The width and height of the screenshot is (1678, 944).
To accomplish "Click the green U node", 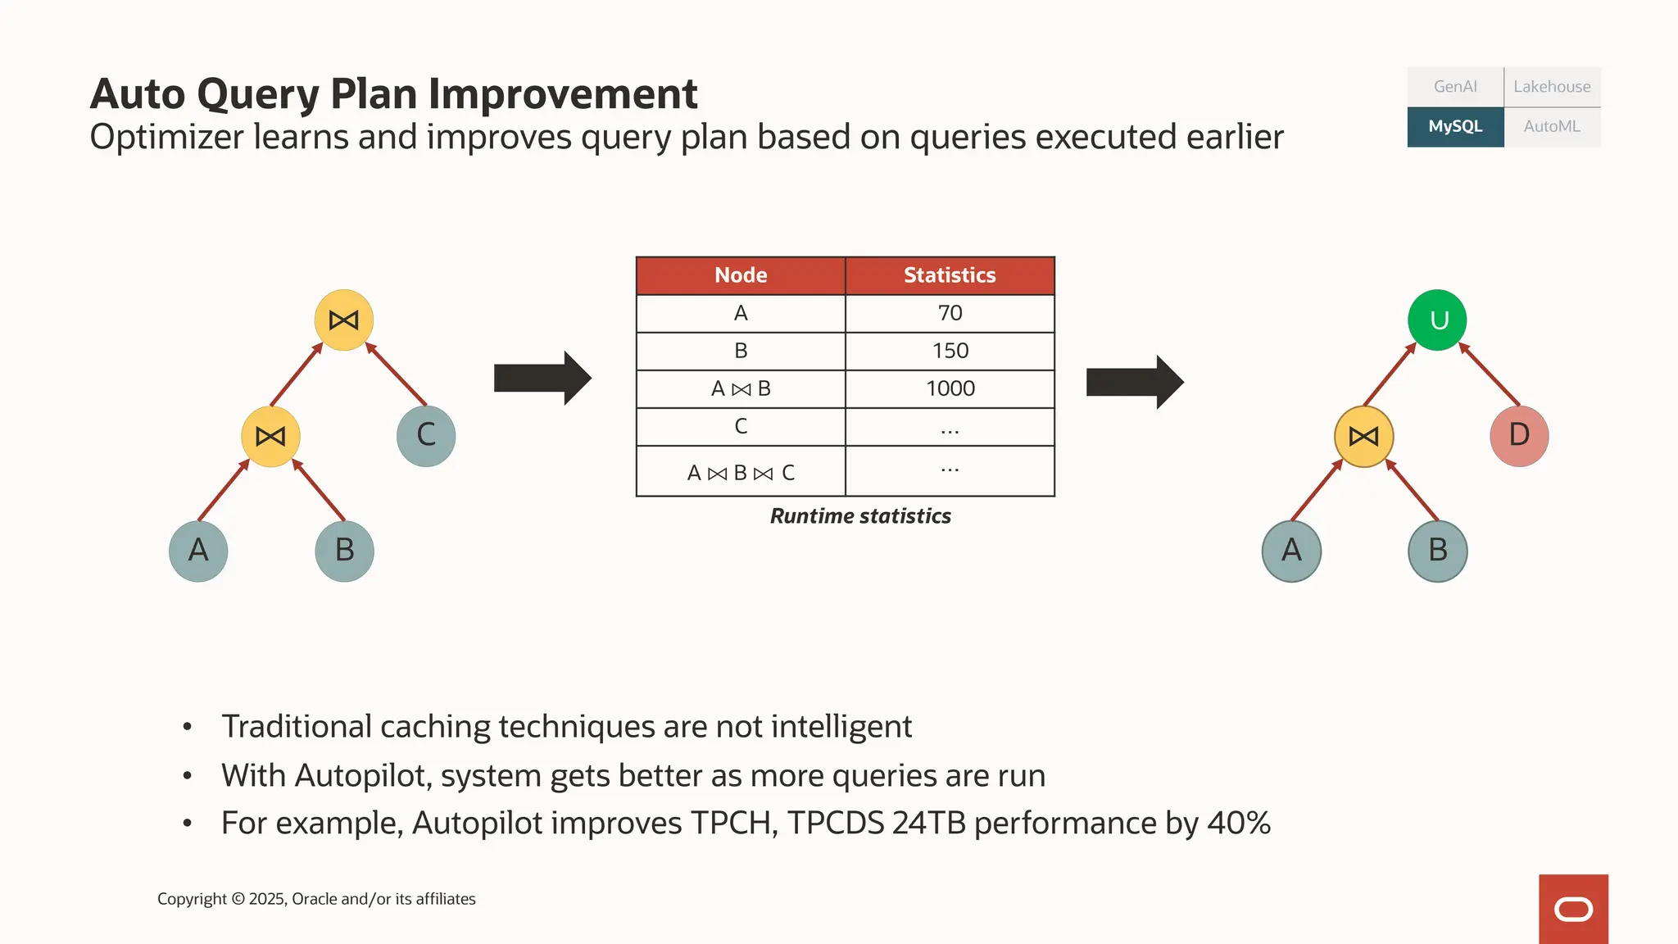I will (1438, 320).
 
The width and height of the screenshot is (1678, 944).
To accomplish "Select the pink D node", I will (1519, 435).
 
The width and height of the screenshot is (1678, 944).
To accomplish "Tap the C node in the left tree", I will (426, 436).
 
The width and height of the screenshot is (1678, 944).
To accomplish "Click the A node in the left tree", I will (198, 551).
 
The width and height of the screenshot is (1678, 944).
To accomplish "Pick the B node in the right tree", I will (1438, 551).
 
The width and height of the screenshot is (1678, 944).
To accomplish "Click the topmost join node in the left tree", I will (344, 320).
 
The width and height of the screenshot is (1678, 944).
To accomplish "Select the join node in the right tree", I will (1364, 436).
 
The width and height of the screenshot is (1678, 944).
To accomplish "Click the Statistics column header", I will (950, 275).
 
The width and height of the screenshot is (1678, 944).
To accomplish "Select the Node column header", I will (741, 275).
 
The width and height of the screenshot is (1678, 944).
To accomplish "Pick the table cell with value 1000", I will (950, 388).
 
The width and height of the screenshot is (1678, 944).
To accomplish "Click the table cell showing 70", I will (950, 313).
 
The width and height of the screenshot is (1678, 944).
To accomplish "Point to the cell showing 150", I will (950, 351).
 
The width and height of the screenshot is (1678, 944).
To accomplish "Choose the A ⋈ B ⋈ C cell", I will (741, 472).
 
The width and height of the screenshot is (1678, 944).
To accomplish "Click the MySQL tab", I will (1455, 127).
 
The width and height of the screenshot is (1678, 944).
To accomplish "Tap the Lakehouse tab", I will (1552, 87).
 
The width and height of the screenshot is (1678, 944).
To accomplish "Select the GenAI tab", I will (1455, 87).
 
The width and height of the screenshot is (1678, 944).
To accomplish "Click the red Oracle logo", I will (1573, 909).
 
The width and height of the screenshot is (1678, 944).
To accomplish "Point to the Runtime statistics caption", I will (860, 516).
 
